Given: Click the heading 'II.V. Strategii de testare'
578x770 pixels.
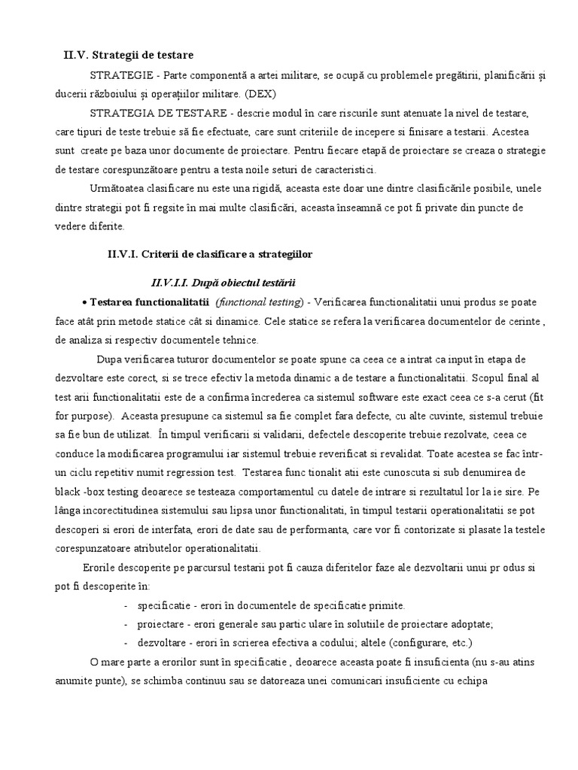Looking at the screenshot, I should [128, 55].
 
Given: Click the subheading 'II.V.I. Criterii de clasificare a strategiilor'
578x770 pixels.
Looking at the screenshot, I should [210, 254].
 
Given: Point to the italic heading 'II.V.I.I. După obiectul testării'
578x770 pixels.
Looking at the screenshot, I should [224, 283].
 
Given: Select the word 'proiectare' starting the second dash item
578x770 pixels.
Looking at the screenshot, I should [163, 623].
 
